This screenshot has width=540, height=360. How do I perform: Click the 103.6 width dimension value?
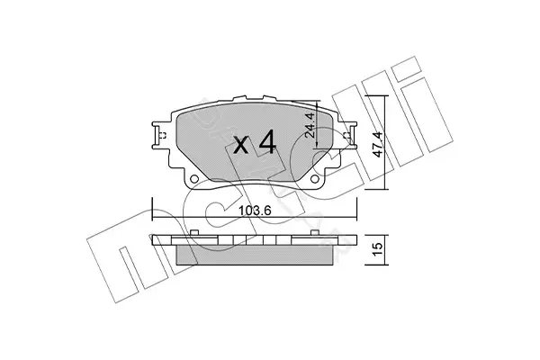click(255, 210)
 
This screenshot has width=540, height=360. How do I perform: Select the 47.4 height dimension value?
click(377, 144)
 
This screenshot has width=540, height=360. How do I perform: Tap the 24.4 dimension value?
click(310, 125)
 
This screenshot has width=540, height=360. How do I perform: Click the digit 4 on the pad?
click(267, 141)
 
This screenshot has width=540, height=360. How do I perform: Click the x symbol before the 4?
click(240, 145)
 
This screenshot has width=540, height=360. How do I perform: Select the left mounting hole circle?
click(194, 179)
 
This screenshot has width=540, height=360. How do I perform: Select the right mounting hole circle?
click(314, 179)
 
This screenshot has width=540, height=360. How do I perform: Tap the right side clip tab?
click(349, 135)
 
